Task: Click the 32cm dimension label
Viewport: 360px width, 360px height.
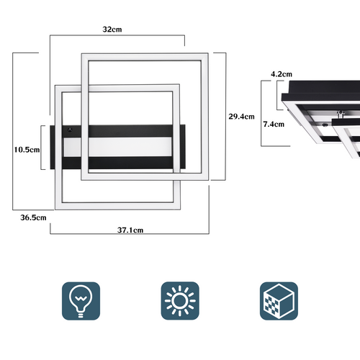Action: pyautogui.click(x=112, y=30)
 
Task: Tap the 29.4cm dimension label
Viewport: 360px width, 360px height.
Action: pyautogui.click(x=241, y=117)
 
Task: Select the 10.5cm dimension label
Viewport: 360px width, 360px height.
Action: pyautogui.click(x=27, y=150)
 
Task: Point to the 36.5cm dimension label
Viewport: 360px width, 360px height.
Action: pyautogui.click(x=33, y=217)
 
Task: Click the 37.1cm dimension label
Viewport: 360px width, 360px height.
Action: pyautogui.click(x=130, y=230)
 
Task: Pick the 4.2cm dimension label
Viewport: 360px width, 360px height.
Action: pyautogui.click(x=282, y=74)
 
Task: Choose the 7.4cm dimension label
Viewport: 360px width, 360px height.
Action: pyautogui.click(x=274, y=125)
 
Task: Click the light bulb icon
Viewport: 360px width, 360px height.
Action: pyautogui.click(x=81, y=301)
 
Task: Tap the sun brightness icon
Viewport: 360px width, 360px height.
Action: pyautogui.click(x=180, y=301)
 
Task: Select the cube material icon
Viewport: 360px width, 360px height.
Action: pyautogui.click(x=279, y=301)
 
